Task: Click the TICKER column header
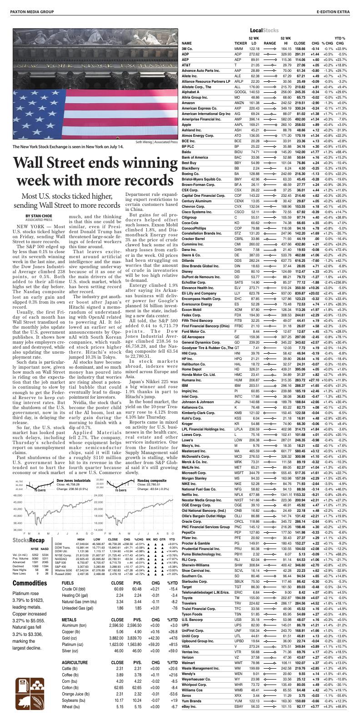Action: pyautogui.click(x=240, y=43)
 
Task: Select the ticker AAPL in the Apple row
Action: pyautogui.click(x=239, y=125)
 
